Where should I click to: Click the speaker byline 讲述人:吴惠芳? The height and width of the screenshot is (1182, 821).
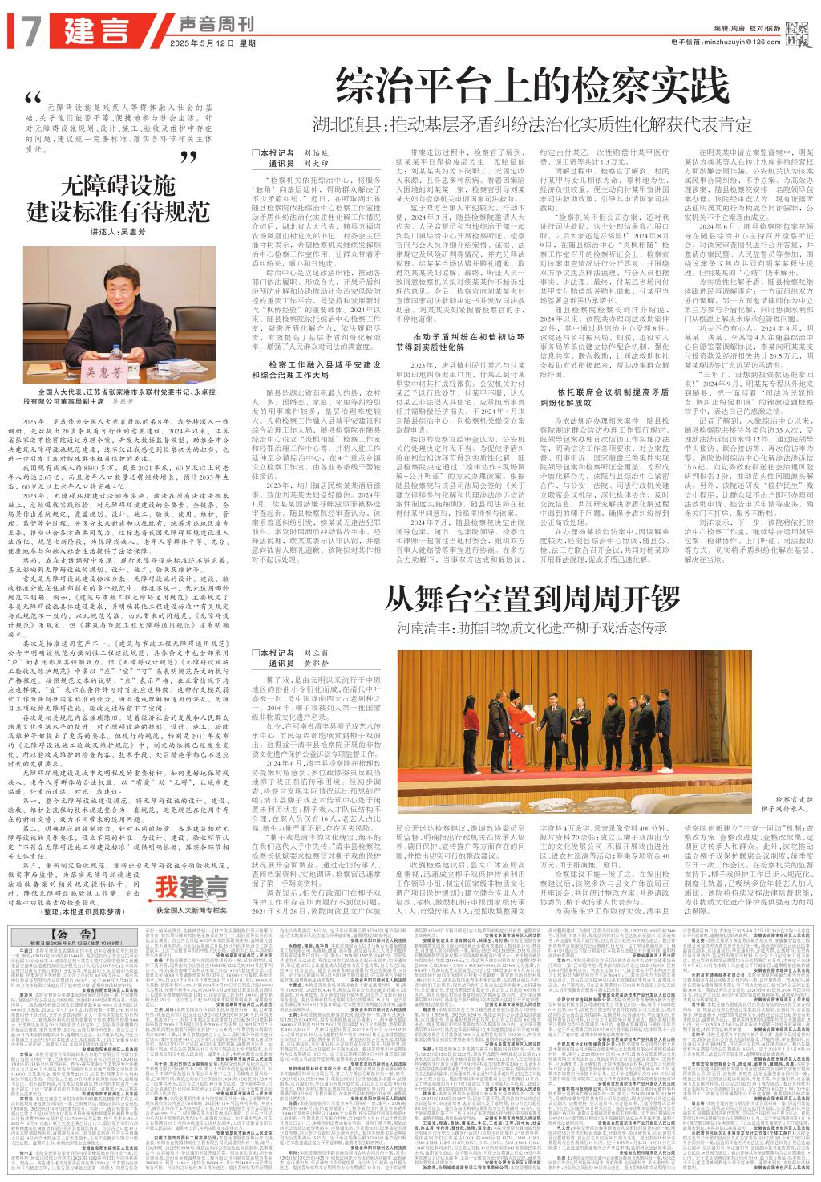tap(119, 233)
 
